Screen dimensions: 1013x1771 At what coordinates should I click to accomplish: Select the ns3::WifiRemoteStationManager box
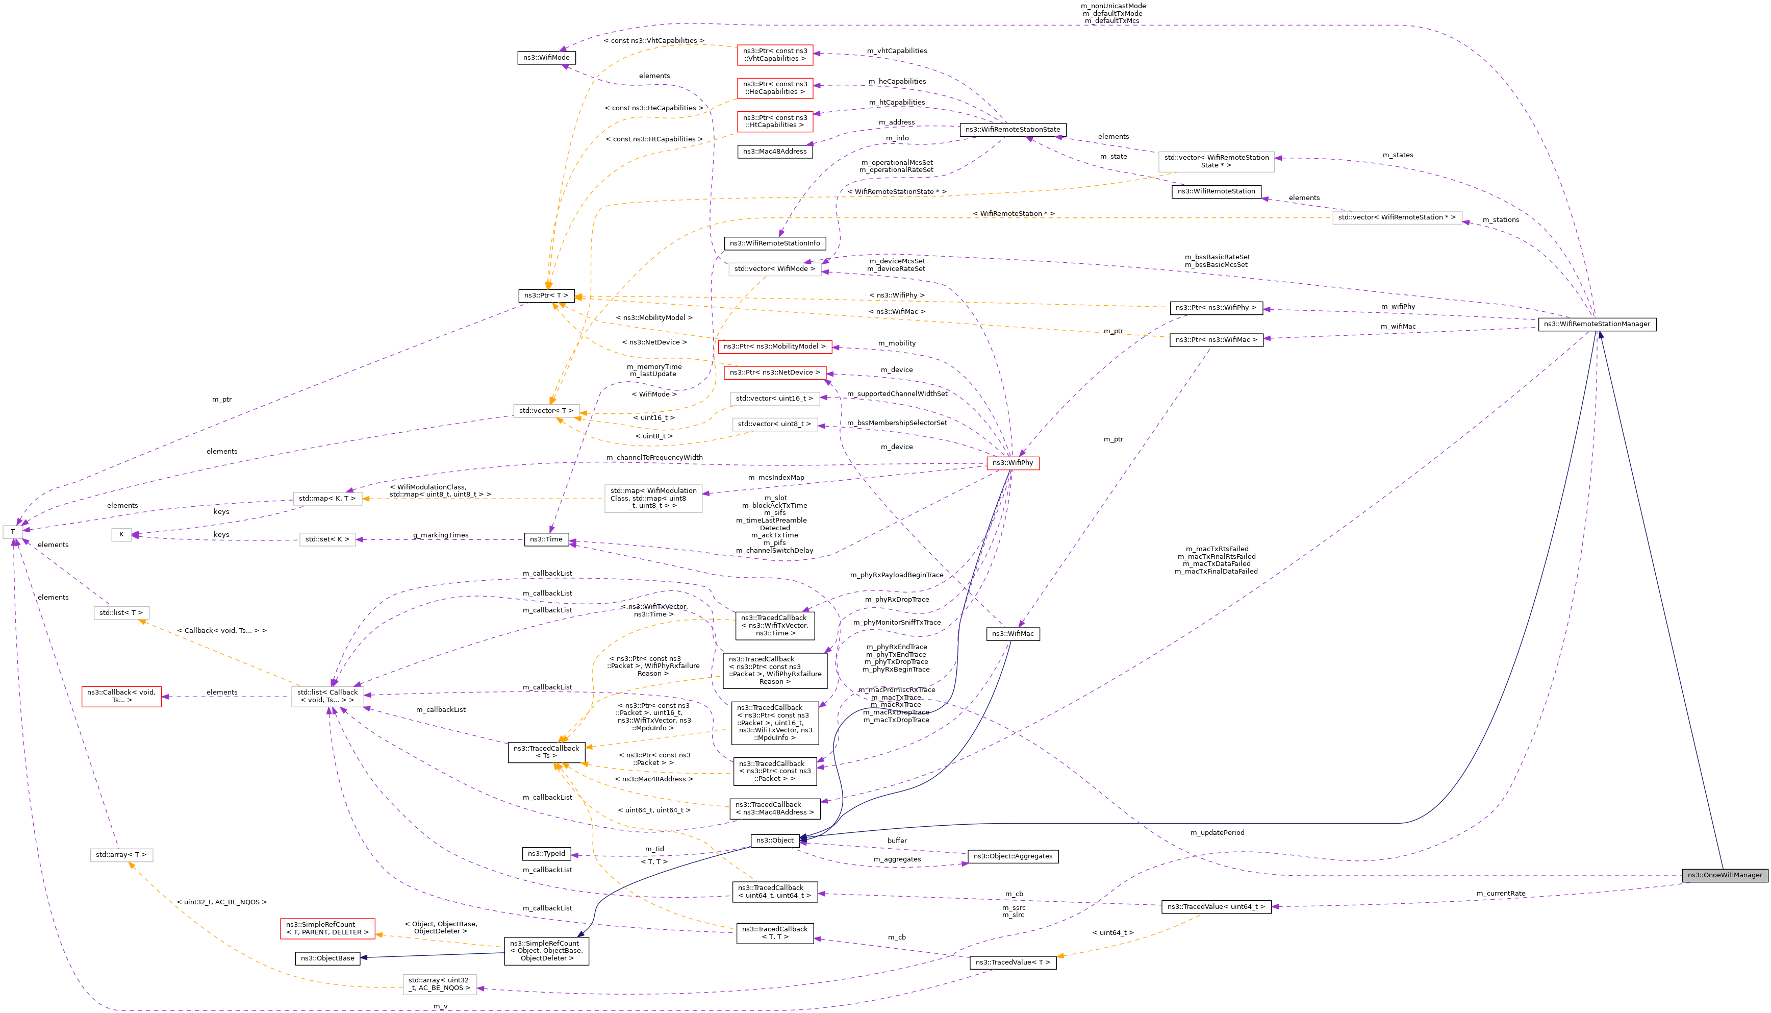click(x=1597, y=324)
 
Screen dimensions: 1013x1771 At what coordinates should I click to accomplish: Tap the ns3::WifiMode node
click(x=546, y=58)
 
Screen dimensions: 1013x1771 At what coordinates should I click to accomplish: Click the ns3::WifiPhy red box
click(x=1013, y=463)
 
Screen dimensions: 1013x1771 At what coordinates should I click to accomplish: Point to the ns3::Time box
click(x=546, y=539)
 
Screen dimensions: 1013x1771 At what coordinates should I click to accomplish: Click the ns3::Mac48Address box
click(x=775, y=152)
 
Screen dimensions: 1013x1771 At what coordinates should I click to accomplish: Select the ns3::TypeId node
click(x=546, y=854)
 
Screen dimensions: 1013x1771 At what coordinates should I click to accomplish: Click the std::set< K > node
click(x=327, y=539)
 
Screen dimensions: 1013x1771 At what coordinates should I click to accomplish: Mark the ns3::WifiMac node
click(x=1013, y=634)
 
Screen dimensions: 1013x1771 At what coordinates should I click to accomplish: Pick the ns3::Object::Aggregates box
click(x=1013, y=856)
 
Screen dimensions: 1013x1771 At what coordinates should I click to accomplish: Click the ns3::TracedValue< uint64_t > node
click(x=1216, y=906)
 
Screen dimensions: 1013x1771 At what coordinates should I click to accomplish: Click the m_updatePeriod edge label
click(x=1217, y=833)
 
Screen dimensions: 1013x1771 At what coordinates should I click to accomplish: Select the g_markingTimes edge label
click(x=440, y=535)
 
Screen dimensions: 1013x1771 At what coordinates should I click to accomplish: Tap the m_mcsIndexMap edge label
click(x=776, y=477)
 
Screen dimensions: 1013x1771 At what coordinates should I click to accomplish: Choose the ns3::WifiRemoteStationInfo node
click(x=775, y=243)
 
